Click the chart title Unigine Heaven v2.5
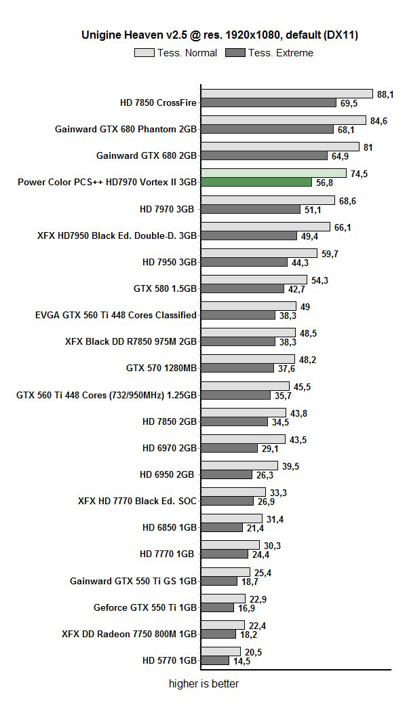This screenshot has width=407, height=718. (x=220, y=35)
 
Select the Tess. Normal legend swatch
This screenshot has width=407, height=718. (x=144, y=52)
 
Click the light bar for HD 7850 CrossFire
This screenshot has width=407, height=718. (x=287, y=94)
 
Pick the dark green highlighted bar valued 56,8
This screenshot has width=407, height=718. (x=256, y=182)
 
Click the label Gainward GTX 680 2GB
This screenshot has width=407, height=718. (x=147, y=155)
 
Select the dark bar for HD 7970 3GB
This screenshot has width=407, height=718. (x=251, y=209)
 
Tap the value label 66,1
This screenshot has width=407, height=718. (x=343, y=227)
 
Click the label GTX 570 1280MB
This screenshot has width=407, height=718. (x=161, y=369)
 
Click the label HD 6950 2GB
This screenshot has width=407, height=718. (x=170, y=474)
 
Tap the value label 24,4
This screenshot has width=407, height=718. (x=260, y=554)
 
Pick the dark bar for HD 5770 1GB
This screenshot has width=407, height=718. (x=215, y=660)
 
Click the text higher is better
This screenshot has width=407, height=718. (x=203, y=684)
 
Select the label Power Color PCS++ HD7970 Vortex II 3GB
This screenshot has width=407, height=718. (x=107, y=182)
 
